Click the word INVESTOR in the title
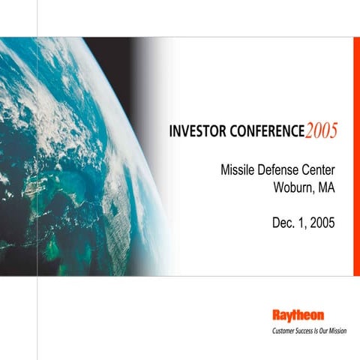[197, 130]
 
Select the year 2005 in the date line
[322, 223]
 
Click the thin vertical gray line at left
[37, 315]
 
